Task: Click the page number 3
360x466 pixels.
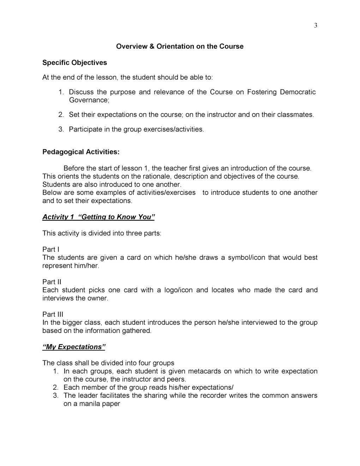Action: [316, 25]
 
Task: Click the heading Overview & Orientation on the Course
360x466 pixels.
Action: [180, 47]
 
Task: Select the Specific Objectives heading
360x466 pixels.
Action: [74, 63]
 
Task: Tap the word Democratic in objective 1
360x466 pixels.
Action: [298, 92]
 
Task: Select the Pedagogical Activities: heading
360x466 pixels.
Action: [81, 152]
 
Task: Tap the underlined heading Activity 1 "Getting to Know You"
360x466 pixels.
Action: [98, 217]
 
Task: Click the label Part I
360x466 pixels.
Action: [51, 250]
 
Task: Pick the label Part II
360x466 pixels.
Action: [52, 282]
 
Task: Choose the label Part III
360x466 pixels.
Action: [53, 315]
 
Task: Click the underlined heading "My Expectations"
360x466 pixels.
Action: [74, 347]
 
